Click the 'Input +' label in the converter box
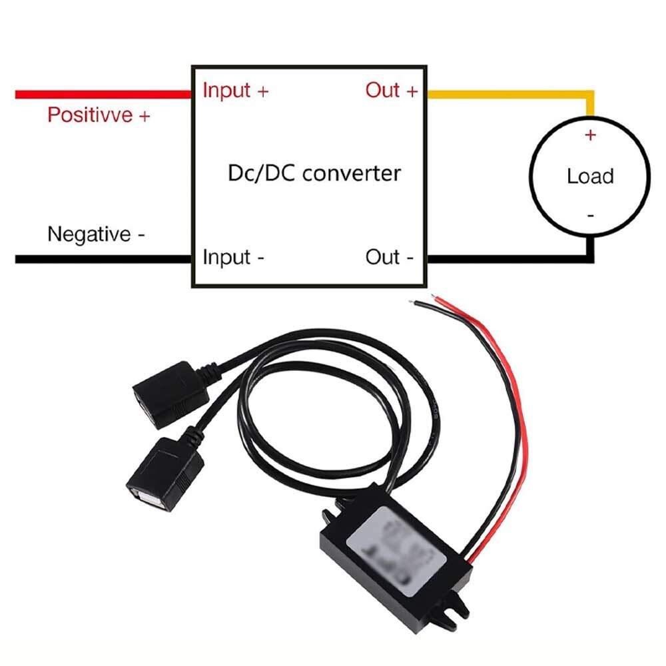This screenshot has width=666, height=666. pos(235,90)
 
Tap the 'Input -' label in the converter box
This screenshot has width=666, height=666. pos(233,256)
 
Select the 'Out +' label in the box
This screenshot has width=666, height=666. pos(391,90)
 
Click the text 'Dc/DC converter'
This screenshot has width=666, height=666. pos(314,174)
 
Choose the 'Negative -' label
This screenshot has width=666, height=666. pos(96,234)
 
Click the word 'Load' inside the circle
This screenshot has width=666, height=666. pos(589,176)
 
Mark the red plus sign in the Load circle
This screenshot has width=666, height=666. pos(590,135)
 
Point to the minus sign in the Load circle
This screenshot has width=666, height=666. pos(590,215)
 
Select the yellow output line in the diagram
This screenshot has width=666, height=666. pos(506,94)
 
